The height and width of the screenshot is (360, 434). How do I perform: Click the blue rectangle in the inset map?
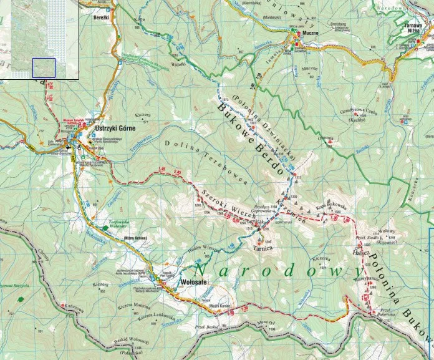click(x=44, y=67)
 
